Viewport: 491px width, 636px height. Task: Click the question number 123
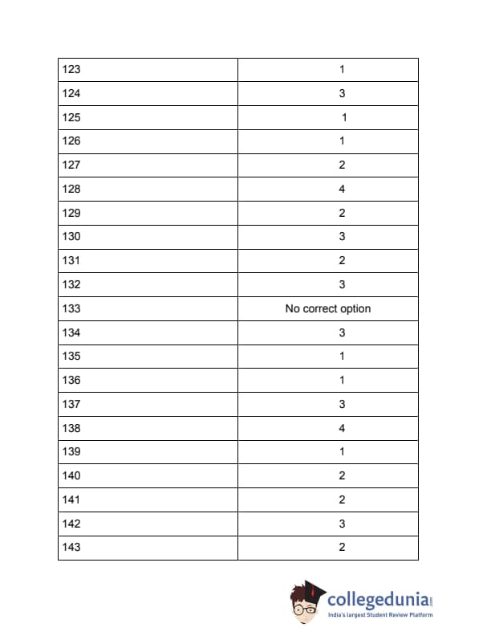(x=71, y=70)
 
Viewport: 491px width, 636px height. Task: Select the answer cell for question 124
(x=342, y=94)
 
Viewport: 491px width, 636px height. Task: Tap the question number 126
(x=71, y=141)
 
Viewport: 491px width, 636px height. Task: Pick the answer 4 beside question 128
(x=342, y=190)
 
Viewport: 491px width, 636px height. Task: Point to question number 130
(x=71, y=237)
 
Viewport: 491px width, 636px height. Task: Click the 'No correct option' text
(x=328, y=308)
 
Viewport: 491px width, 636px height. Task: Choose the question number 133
(x=71, y=308)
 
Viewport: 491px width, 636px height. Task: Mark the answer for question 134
(x=342, y=332)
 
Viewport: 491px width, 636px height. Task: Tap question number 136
(x=71, y=380)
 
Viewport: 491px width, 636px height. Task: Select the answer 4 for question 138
(x=342, y=428)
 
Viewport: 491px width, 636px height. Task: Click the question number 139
(x=71, y=451)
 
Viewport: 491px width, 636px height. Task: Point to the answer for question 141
(x=342, y=499)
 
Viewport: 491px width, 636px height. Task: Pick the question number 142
(x=71, y=524)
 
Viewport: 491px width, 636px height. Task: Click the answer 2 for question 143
(x=342, y=548)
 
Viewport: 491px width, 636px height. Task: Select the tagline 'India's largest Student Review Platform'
(x=380, y=615)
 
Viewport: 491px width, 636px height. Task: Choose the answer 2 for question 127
(x=342, y=165)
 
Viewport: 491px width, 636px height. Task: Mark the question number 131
(x=71, y=261)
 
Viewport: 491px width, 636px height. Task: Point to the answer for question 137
(x=342, y=404)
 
